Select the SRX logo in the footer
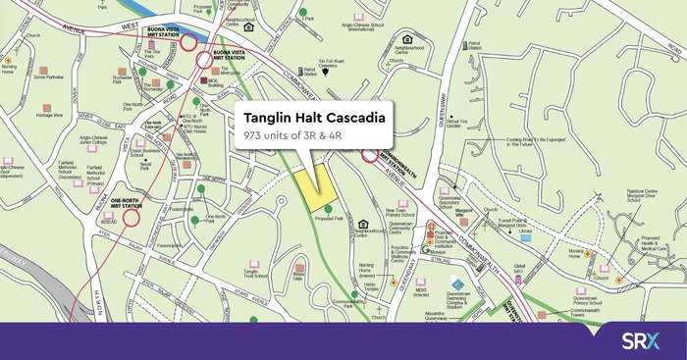pyautogui.click(x=642, y=340)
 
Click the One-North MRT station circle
pyautogui.click(x=132, y=215)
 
